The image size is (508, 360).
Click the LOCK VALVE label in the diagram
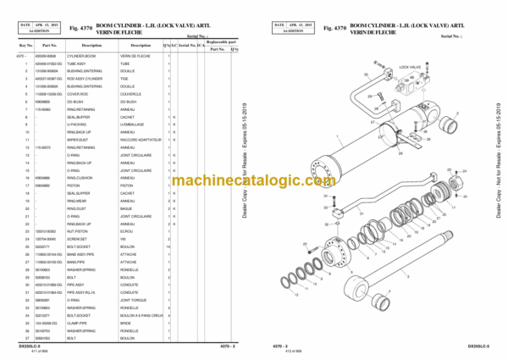pyautogui.click(x=410, y=65)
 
